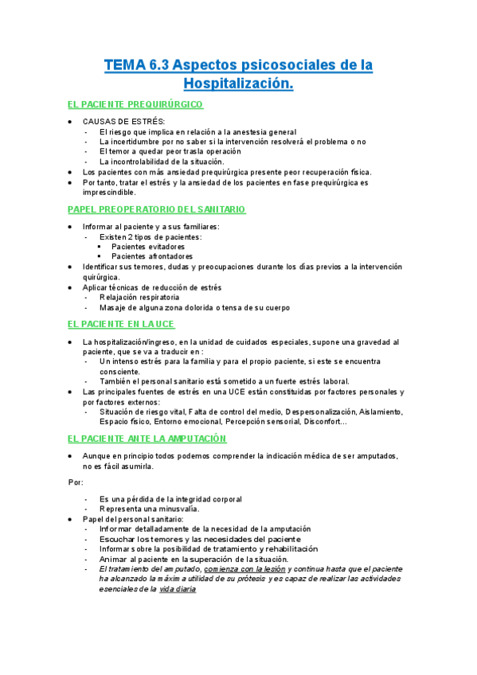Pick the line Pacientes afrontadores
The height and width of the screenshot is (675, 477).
point(153,256)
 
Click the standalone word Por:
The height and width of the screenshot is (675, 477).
point(76,482)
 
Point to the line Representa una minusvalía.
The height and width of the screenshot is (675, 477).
point(150,509)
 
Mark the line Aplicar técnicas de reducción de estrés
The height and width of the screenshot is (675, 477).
point(152,287)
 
